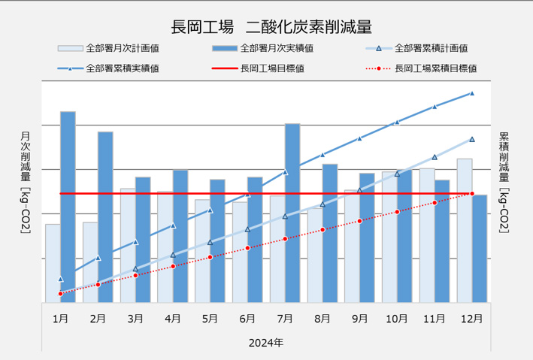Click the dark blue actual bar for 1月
point(68,207)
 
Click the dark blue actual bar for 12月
point(480,248)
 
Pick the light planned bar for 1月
point(53,263)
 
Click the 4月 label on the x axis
point(172,319)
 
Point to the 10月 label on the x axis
point(396,319)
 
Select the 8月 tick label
point(322,319)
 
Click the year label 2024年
point(266,343)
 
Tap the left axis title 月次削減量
point(25,180)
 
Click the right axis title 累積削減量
point(504,180)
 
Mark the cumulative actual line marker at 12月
point(472,93)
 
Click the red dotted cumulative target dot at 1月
point(60,293)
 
